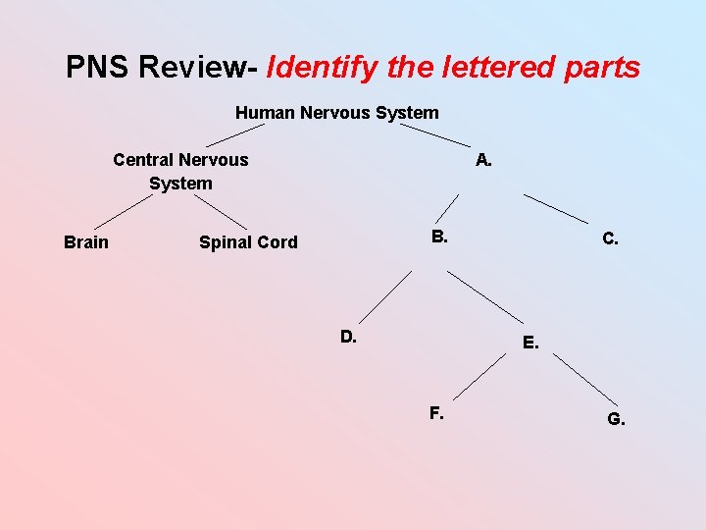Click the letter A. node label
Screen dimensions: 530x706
[x=483, y=159]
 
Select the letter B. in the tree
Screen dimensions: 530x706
[x=439, y=236]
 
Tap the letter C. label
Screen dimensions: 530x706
[x=610, y=238]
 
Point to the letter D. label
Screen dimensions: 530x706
[x=348, y=337]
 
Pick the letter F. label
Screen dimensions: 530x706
[x=436, y=413]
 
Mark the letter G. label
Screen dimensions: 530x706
[x=616, y=420]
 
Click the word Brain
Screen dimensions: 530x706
[x=86, y=241]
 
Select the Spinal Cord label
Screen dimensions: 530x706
[x=248, y=241]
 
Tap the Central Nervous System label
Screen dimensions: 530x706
[x=180, y=171]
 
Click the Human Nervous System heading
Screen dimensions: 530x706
[x=336, y=113]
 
